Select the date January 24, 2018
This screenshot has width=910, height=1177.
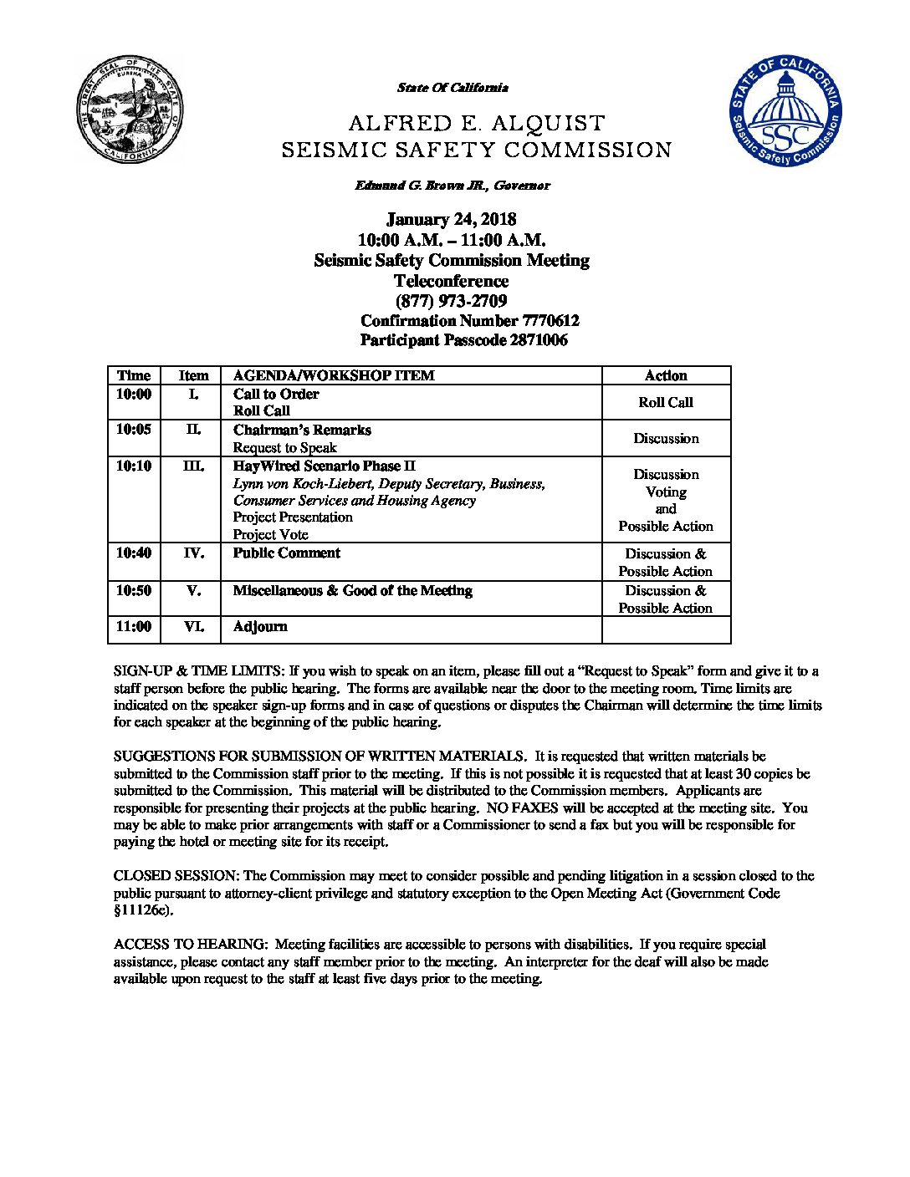click(451, 220)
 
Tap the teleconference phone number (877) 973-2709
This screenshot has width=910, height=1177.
click(451, 301)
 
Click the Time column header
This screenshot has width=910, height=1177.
click(134, 375)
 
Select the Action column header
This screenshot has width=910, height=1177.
click(666, 375)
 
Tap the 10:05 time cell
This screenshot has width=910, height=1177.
click(134, 430)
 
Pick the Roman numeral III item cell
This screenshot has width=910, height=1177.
click(193, 466)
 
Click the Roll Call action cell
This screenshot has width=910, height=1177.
click(666, 402)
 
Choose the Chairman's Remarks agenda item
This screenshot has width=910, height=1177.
click(302, 430)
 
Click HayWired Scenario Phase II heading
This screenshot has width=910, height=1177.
click(324, 466)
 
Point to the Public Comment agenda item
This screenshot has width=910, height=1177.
click(286, 553)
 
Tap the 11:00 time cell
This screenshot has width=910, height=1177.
click(134, 626)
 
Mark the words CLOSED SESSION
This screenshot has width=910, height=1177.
click(176, 876)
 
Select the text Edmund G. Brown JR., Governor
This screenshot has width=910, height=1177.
click(452, 186)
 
